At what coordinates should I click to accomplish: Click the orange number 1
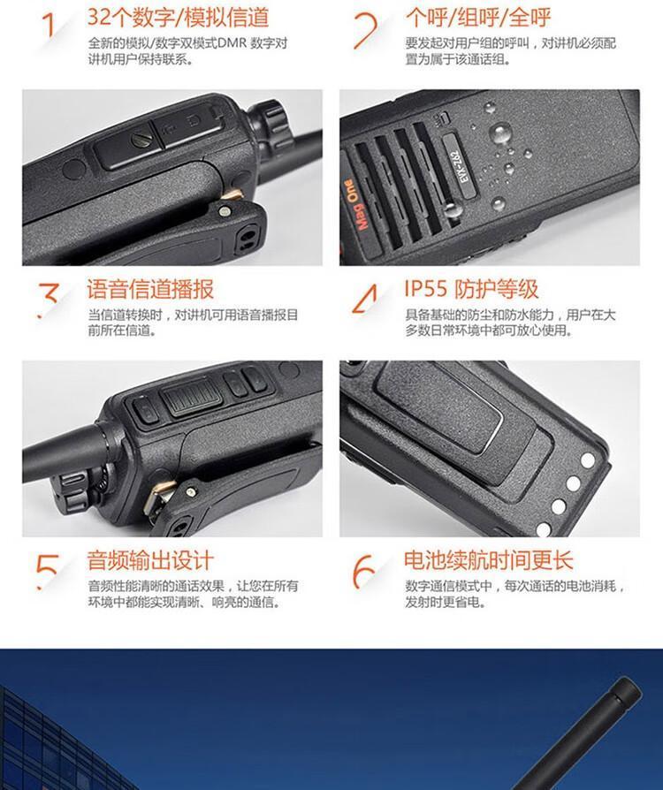(x=50, y=26)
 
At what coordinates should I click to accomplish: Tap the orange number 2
(x=365, y=31)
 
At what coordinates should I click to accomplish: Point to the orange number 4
(x=364, y=299)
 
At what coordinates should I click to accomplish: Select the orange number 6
(x=363, y=572)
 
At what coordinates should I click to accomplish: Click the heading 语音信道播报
(x=150, y=290)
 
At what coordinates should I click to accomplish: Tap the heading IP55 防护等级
(x=471, y=290)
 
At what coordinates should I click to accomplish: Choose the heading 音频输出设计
(x=150, y=560)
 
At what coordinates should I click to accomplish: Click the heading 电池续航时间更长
(x=489, y=560)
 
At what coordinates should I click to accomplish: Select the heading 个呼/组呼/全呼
(x=478, y=18)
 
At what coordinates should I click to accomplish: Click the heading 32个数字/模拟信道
(x=178, y=18)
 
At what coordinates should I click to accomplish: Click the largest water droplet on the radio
(x=500, y=134)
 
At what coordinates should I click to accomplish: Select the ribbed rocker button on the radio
(x=193, y=398)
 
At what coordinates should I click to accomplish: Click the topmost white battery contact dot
(x=588, y=460)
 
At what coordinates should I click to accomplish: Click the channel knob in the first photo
(x=271, y=123)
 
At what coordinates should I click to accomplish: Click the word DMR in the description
(x=232, y=43)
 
